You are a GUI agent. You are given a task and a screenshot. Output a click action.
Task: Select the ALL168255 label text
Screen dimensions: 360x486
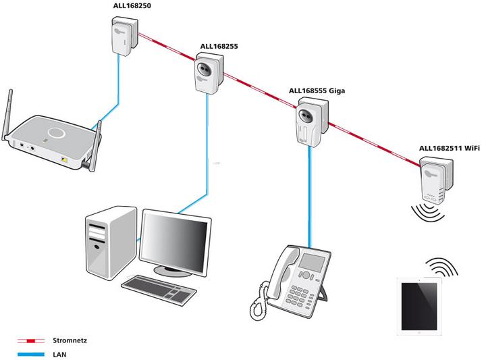coord(219,47)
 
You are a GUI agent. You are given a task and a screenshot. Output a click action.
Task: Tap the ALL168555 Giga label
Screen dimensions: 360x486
coord(317,90)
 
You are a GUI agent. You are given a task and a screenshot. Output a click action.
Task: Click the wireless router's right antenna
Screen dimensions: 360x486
coord(97,142)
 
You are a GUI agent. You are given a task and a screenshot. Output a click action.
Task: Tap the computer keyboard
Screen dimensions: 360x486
coord(159,288)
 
